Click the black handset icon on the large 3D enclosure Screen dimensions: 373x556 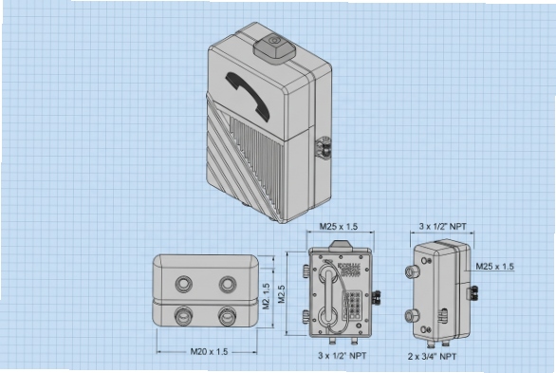249,95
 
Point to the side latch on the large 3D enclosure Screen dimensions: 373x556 324,147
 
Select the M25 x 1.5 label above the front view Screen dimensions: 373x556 338,227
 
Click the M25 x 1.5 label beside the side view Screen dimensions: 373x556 494,267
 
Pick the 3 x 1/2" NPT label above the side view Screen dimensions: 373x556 440,227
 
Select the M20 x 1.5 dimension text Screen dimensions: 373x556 210,351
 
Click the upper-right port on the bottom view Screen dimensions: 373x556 228,284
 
